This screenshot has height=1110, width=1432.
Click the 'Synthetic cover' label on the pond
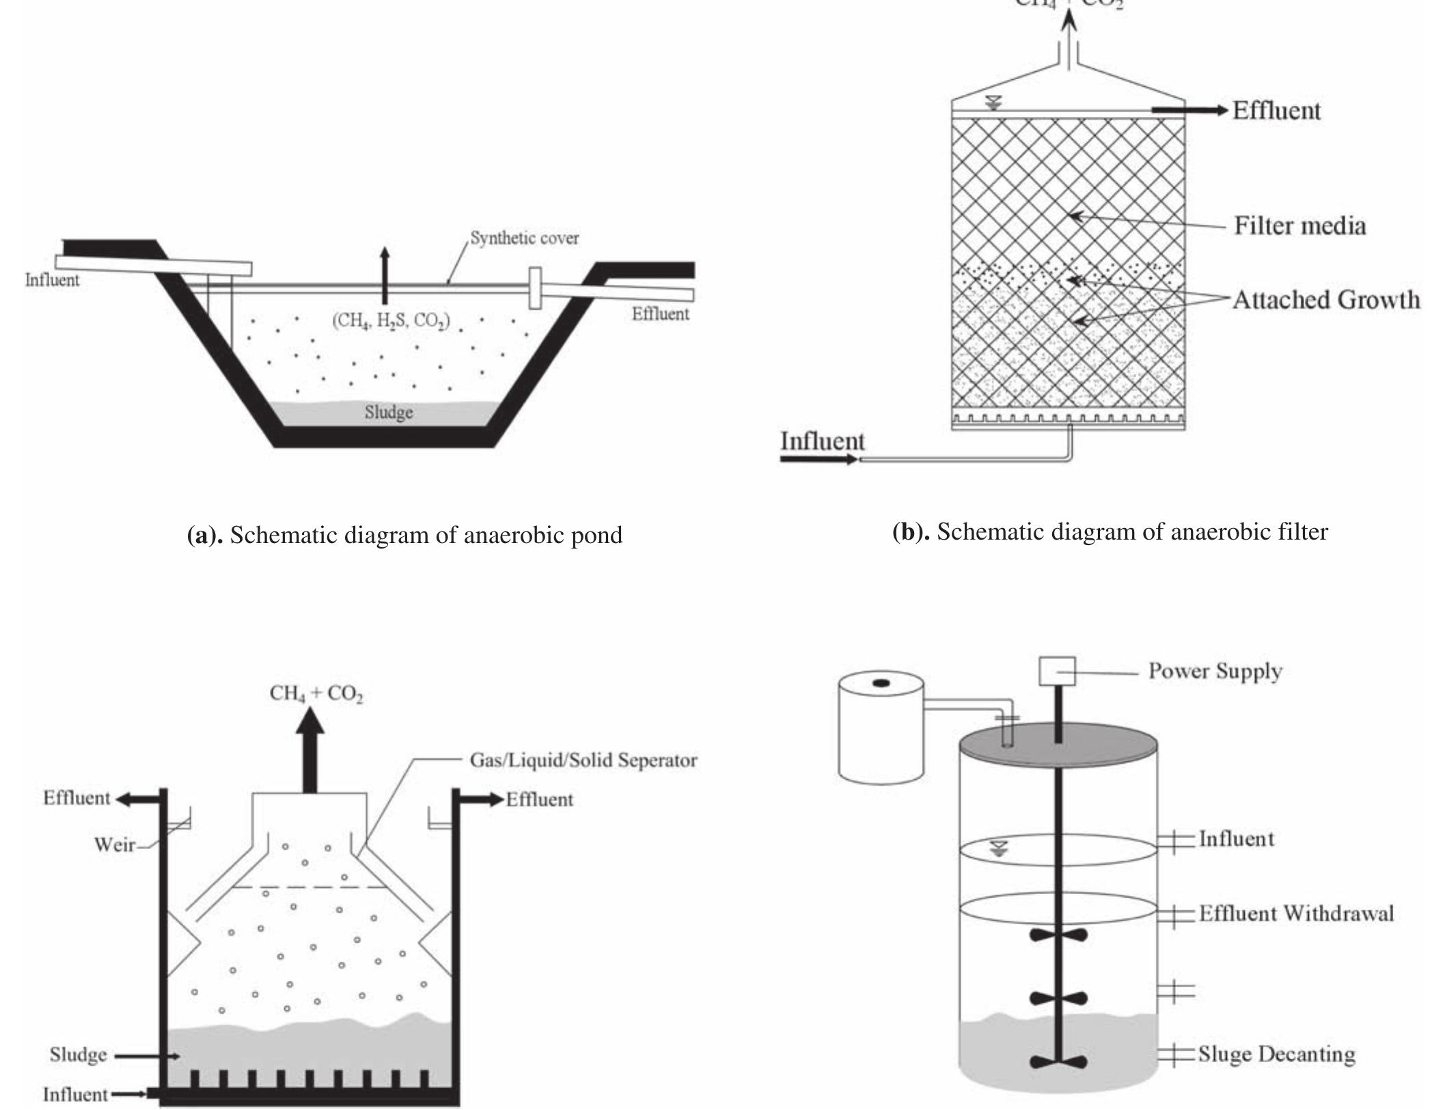tap(524, 238)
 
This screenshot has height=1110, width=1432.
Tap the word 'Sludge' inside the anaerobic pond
tap(388, 413)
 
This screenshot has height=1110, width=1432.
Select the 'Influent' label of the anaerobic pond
tap(52, 280)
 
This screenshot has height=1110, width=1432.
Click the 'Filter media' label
tap(1299, 226)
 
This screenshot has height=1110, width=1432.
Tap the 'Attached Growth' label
tap(1325, 300)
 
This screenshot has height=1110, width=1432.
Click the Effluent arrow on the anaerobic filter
tap(1189, 110)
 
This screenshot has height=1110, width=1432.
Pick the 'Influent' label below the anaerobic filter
tap(823, 441)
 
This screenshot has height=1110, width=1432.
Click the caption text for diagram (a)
tap(404, 535)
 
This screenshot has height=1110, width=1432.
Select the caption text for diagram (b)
tap(1110, 531)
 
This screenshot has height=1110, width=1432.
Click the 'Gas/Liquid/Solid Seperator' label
tap(583, 760)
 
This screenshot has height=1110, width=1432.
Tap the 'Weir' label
tap(114, 845)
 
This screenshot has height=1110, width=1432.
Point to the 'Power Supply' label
tap(1215, 671)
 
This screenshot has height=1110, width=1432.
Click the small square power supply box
tap(1057, 671)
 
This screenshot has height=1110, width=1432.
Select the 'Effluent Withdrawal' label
tap(1296, 914)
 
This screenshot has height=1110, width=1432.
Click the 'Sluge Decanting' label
tap(1276, 1054)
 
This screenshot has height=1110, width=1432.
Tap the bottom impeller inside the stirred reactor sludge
tap(1058, 1062)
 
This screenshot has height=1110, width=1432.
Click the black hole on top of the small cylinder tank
tap(881, 682)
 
